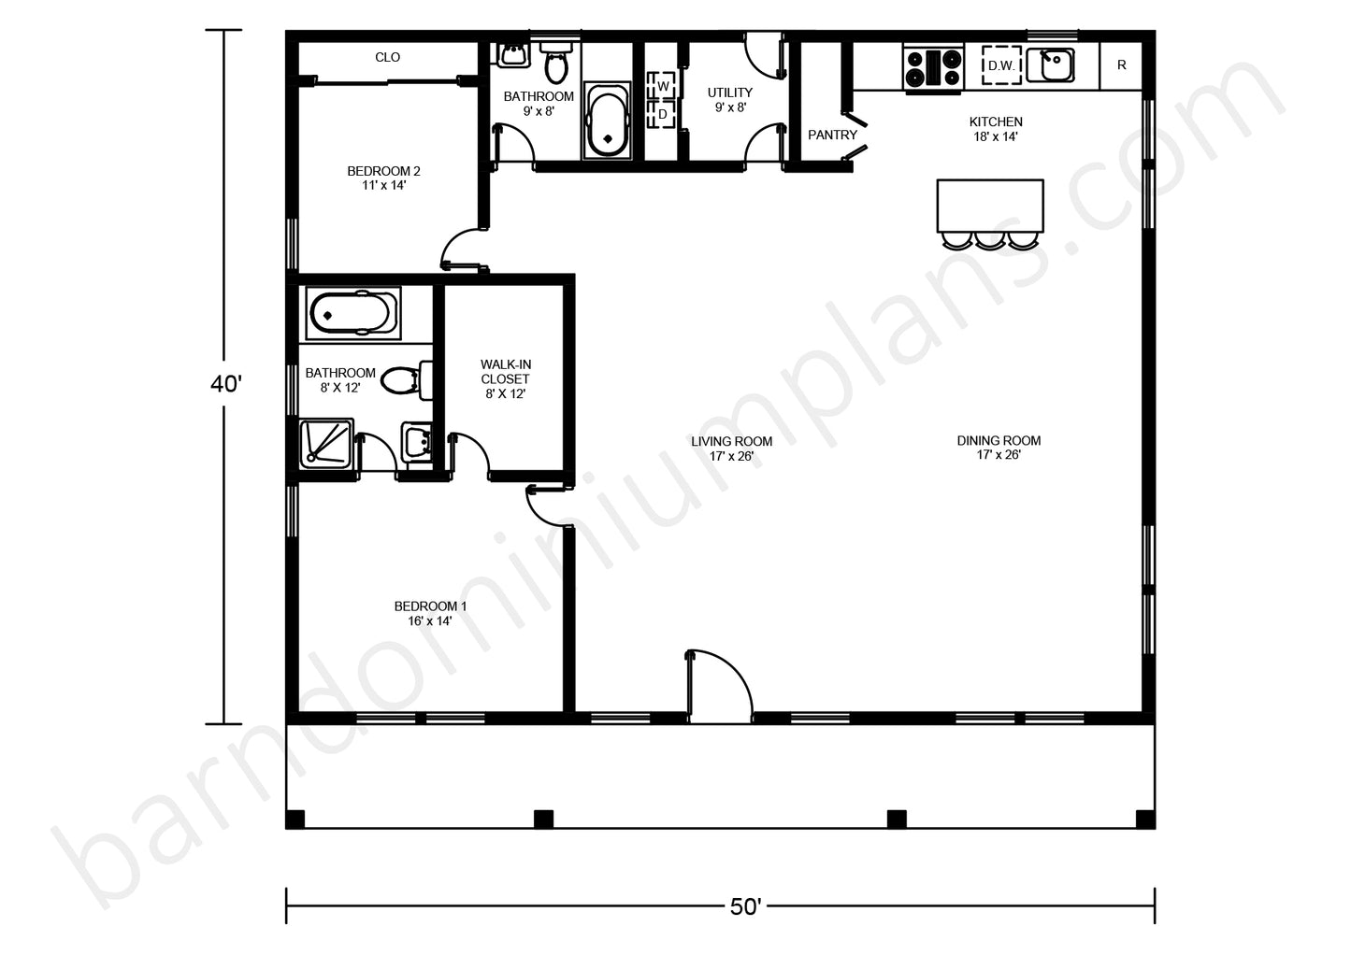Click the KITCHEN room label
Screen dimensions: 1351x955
(x=996, y=121)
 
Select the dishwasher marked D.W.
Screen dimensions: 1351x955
(x=1001, y=65)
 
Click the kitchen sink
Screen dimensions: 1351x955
(x=1050, y=65)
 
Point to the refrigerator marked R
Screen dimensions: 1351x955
(x=1121, y=65)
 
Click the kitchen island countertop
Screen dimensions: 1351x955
(x=990, y=206)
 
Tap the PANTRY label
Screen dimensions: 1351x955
(x=832, y=135)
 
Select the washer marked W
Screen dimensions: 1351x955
(x=662, y=86)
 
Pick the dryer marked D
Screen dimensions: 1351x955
(x=662, y=114)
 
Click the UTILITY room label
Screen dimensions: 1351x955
(x=730, y=93)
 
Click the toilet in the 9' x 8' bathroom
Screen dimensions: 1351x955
(x=555, y=63)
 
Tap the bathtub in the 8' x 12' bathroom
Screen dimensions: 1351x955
(x=352, y=314)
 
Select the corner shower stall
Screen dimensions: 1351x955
(x=326, y=444)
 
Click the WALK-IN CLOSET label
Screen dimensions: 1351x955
(x=506, y=372)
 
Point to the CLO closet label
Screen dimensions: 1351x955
(x=387, y=57)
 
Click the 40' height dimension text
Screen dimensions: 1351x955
(x=226, y=384)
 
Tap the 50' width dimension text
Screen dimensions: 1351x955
(x=745, y=906)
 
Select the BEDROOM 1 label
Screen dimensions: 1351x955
(x=430, y=606)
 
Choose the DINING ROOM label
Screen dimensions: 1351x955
(x=999, y=441)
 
